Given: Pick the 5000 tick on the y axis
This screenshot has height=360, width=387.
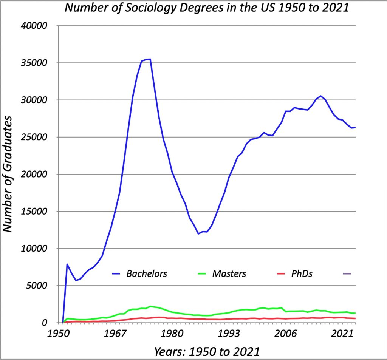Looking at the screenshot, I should [x=37, y=286].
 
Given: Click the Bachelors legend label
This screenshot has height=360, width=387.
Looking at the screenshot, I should [x=147, y=273].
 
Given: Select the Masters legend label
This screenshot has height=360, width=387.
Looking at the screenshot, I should [x=229, y=273].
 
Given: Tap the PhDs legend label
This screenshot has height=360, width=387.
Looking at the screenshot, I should [x=302, y=273].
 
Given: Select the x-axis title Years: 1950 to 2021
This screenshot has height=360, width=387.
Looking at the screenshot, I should [x=207, y=352].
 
